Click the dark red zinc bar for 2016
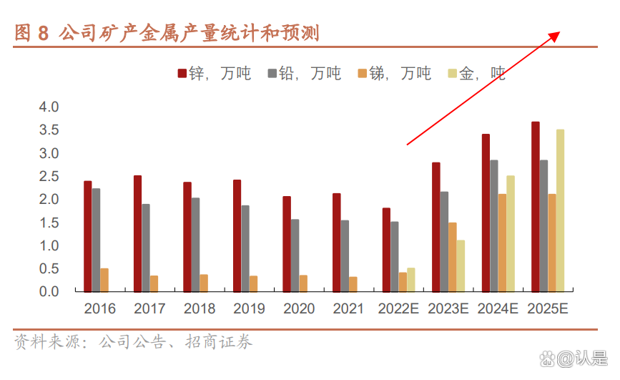click(x=87, y=236)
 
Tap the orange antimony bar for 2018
click(x=204, y=283)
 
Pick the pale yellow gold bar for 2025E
click(x=560, y=210)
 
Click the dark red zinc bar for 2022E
click(x=386, y=250)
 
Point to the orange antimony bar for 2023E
click(x=453, y=257)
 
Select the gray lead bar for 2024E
click(x=494, y=225)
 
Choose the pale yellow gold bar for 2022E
click(x=411, y=280)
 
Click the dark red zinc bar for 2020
click(x=287, y=244)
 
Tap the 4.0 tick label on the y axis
click(x=49, y=107)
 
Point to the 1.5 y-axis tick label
click(x=49, y=223)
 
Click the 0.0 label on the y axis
click(x=49, y=292)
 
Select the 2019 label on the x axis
click(x=249, y=309)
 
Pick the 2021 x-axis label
click(x=348, y=309)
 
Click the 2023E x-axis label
click(x=448, y=309)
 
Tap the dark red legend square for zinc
click(x=182, y=74)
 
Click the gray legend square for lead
click(x=272, y=74)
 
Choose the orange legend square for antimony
click(x=363, y=74)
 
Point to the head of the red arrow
click(x=560, y=33)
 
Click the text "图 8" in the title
click(x=33, y=33)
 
